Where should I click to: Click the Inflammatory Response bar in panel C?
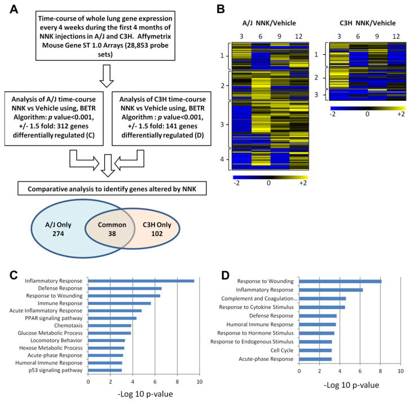tap(141, 281)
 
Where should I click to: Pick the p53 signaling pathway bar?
tap(105, 370)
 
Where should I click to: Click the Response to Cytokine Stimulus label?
tap(260, 308)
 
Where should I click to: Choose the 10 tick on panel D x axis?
tap(401, 371)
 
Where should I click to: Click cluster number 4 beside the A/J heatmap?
tap(226, 160)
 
